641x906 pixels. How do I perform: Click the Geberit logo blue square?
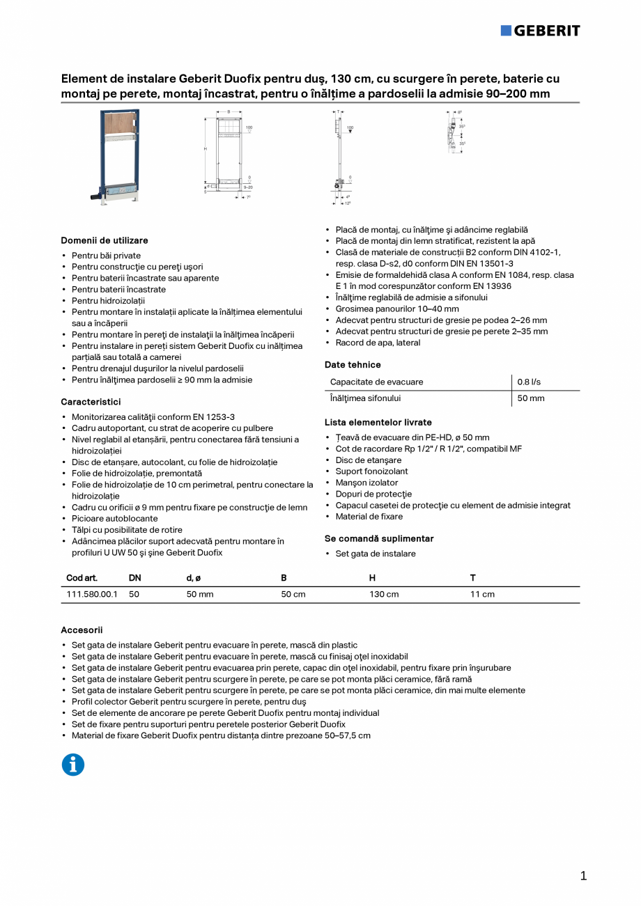click(x=506, y=30)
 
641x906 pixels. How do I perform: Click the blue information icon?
click(x=73, y=765)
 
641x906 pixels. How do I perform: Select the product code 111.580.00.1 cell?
click(x=92, y=594)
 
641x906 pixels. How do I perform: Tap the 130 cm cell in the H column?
click(x=384, y=594)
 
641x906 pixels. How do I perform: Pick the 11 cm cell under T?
click(x=482, y=594)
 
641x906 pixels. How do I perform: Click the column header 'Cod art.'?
click(x=82, y=577)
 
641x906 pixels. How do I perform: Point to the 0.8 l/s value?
click(x=529, y=382)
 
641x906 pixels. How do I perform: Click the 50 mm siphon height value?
click(x=531, y=398)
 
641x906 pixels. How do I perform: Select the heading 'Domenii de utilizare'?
click(x=105, y=240)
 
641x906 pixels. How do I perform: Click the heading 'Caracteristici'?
click(x=91, y=402)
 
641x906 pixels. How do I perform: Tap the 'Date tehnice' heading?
click(x=353, y=364)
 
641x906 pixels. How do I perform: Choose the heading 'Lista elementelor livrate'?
click(x=378, y=422)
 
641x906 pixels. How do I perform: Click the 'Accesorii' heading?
click(x=82, y=630)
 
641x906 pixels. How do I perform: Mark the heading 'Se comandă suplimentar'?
click(x=379, y=538)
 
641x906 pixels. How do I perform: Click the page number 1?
click(x=583, y=876)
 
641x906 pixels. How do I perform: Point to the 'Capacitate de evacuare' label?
click(x=376, y=382)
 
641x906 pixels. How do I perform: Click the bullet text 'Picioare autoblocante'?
click(x=115, y=518)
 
